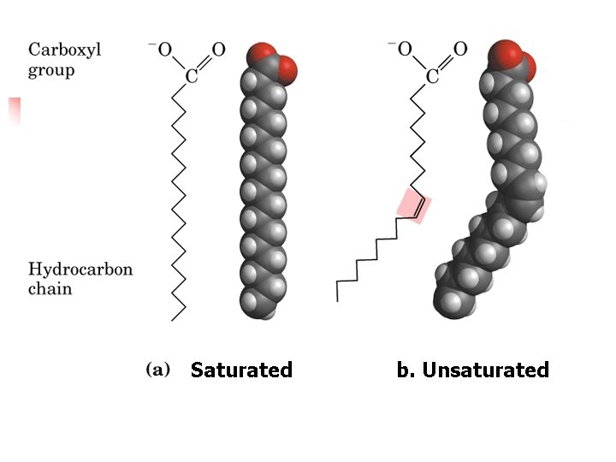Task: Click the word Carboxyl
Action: [65, 49]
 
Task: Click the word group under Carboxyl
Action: [51, 70]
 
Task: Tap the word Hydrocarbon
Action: [80, 269]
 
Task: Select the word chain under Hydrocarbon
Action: [50, 289]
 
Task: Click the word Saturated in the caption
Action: [241, 370]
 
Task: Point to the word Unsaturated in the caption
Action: [485, 370]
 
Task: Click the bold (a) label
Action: [158, 370]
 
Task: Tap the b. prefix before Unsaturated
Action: [406, 370]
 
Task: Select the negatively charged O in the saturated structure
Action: [164, 49]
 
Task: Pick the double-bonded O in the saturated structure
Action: [219, 49]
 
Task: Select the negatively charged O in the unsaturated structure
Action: [406, 49]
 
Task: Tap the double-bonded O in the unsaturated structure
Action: [460, 49]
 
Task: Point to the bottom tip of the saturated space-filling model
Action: [269, 315]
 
